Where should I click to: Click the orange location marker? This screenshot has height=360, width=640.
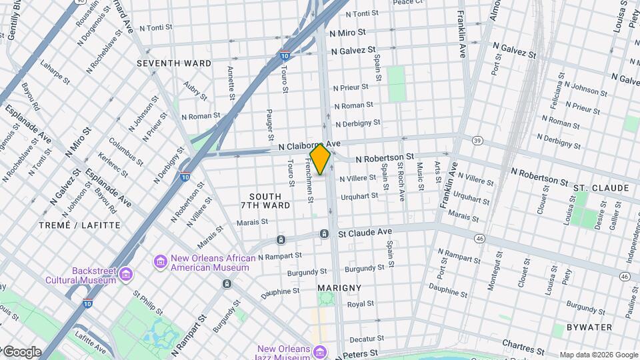(x=320, y=159)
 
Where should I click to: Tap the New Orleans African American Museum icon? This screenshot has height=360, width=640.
(x=160, y=261)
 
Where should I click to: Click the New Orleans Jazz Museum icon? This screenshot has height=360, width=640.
(x=320, y=351)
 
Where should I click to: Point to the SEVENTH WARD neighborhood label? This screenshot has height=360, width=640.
(x=174, y=63)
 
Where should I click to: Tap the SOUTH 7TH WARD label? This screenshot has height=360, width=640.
(x=270, y=201)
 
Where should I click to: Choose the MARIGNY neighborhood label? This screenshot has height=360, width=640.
(x=339, y=288)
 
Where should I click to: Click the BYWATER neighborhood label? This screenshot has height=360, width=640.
(x=589, y=327)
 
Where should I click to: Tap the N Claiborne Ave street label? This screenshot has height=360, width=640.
(x=309, y=144)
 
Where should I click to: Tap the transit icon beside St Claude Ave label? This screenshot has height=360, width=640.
(x=324, y=234)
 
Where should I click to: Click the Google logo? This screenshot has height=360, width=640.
(x=22, y=352)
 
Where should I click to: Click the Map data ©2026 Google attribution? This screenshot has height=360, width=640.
(x=598, y=355)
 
